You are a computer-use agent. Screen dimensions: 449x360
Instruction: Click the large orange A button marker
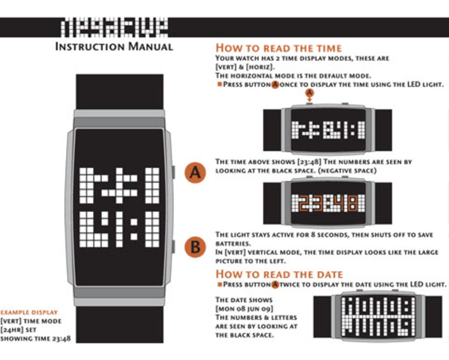195,173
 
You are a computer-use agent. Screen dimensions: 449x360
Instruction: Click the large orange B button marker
195,247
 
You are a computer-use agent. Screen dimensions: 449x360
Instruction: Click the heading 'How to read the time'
279,48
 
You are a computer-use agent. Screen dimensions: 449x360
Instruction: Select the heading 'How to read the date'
279,274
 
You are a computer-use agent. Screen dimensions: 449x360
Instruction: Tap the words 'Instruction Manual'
114,46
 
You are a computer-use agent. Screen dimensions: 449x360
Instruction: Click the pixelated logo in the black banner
114,27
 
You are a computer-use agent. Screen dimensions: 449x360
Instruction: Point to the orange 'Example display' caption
29,312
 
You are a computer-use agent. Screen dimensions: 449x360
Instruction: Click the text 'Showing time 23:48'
35,338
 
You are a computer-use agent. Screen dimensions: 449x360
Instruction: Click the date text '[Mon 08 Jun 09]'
244,309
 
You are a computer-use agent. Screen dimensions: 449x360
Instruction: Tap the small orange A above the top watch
309,93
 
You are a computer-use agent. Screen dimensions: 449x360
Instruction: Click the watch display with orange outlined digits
328,203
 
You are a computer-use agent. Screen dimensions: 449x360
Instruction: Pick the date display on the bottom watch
378,316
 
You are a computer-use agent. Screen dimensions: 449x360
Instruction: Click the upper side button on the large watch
173,172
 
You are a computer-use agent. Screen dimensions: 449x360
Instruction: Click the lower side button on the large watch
173,246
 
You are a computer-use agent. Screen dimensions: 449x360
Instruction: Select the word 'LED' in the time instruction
414,84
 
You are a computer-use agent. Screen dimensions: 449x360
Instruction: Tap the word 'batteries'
233,244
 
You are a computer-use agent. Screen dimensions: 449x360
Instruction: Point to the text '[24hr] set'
18,330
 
